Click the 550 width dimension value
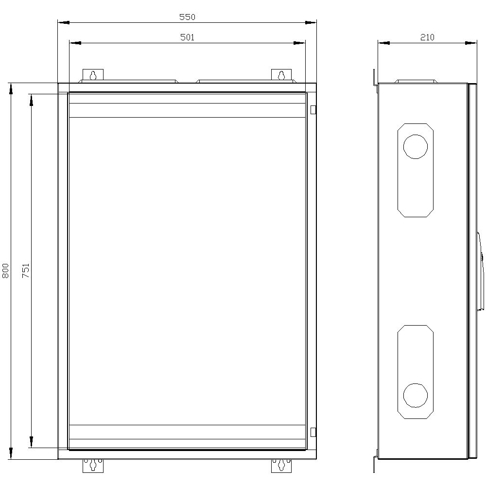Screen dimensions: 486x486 point(187,17)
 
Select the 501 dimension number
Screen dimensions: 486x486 point(187,37)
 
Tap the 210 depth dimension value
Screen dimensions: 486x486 point(427,37)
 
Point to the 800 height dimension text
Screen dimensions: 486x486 point(6,271)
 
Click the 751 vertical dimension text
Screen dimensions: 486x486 point(26,271)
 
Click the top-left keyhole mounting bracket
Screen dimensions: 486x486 point(93,75)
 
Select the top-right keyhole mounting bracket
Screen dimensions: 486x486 point(281,75)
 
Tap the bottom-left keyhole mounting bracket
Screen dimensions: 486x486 point(93,465)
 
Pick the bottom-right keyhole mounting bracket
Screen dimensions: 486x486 point(281,465)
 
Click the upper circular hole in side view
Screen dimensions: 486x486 point(416,147)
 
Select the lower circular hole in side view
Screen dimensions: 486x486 point(416,395)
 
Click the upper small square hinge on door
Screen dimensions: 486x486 point(313,110)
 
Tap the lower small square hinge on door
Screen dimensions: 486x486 point(313,432)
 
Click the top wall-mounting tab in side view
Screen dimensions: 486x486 point(375,79)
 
